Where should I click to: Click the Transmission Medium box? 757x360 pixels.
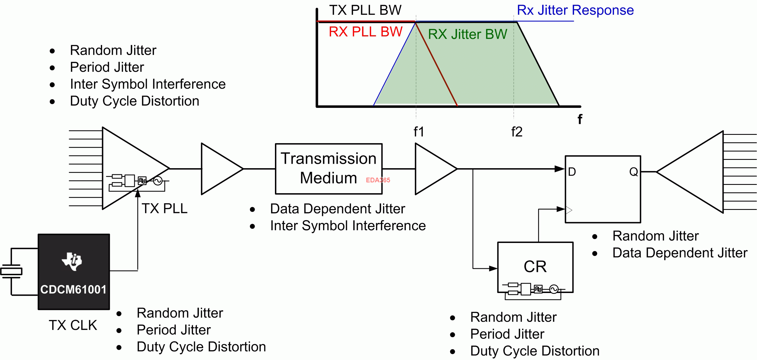329,169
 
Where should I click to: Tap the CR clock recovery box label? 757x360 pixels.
535,267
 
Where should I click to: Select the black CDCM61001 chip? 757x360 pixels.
74,272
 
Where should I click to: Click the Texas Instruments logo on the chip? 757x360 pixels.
72,261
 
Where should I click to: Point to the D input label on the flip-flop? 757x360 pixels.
572,172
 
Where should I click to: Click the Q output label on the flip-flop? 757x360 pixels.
633,172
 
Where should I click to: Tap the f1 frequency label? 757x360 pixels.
419,132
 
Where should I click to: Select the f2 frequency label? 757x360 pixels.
517,132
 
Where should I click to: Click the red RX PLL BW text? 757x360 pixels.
365,32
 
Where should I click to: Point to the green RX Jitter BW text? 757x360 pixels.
467,34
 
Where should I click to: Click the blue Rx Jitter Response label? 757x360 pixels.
575,10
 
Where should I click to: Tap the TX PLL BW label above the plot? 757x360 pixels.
365,10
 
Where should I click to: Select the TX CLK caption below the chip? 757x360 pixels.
73,325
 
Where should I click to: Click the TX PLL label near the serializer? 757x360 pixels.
165,209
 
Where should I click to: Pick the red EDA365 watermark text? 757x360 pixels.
378,180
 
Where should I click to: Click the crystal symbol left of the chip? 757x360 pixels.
11,271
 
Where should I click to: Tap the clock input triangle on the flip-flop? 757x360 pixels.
569,210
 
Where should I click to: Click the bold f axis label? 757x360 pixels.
580,119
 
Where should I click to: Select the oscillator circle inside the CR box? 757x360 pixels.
554,289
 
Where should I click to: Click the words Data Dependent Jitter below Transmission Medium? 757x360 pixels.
337,209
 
